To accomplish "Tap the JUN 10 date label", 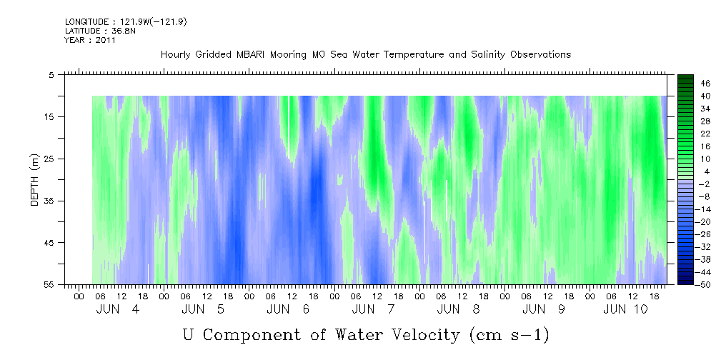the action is click(x=625, y=309).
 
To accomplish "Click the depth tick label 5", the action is click(x=51, y=75).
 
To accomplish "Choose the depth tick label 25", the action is click(x=48, y=159).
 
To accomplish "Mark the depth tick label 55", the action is click(x=48, y=284).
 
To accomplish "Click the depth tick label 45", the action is click(x=48, y=243).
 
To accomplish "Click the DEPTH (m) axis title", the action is click(x=36, y=180).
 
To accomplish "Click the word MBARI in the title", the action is click(x=251, y=55).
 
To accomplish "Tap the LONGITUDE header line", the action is click(x=126, y=21).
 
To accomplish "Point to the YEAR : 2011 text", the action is click(x=90, y=40).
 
